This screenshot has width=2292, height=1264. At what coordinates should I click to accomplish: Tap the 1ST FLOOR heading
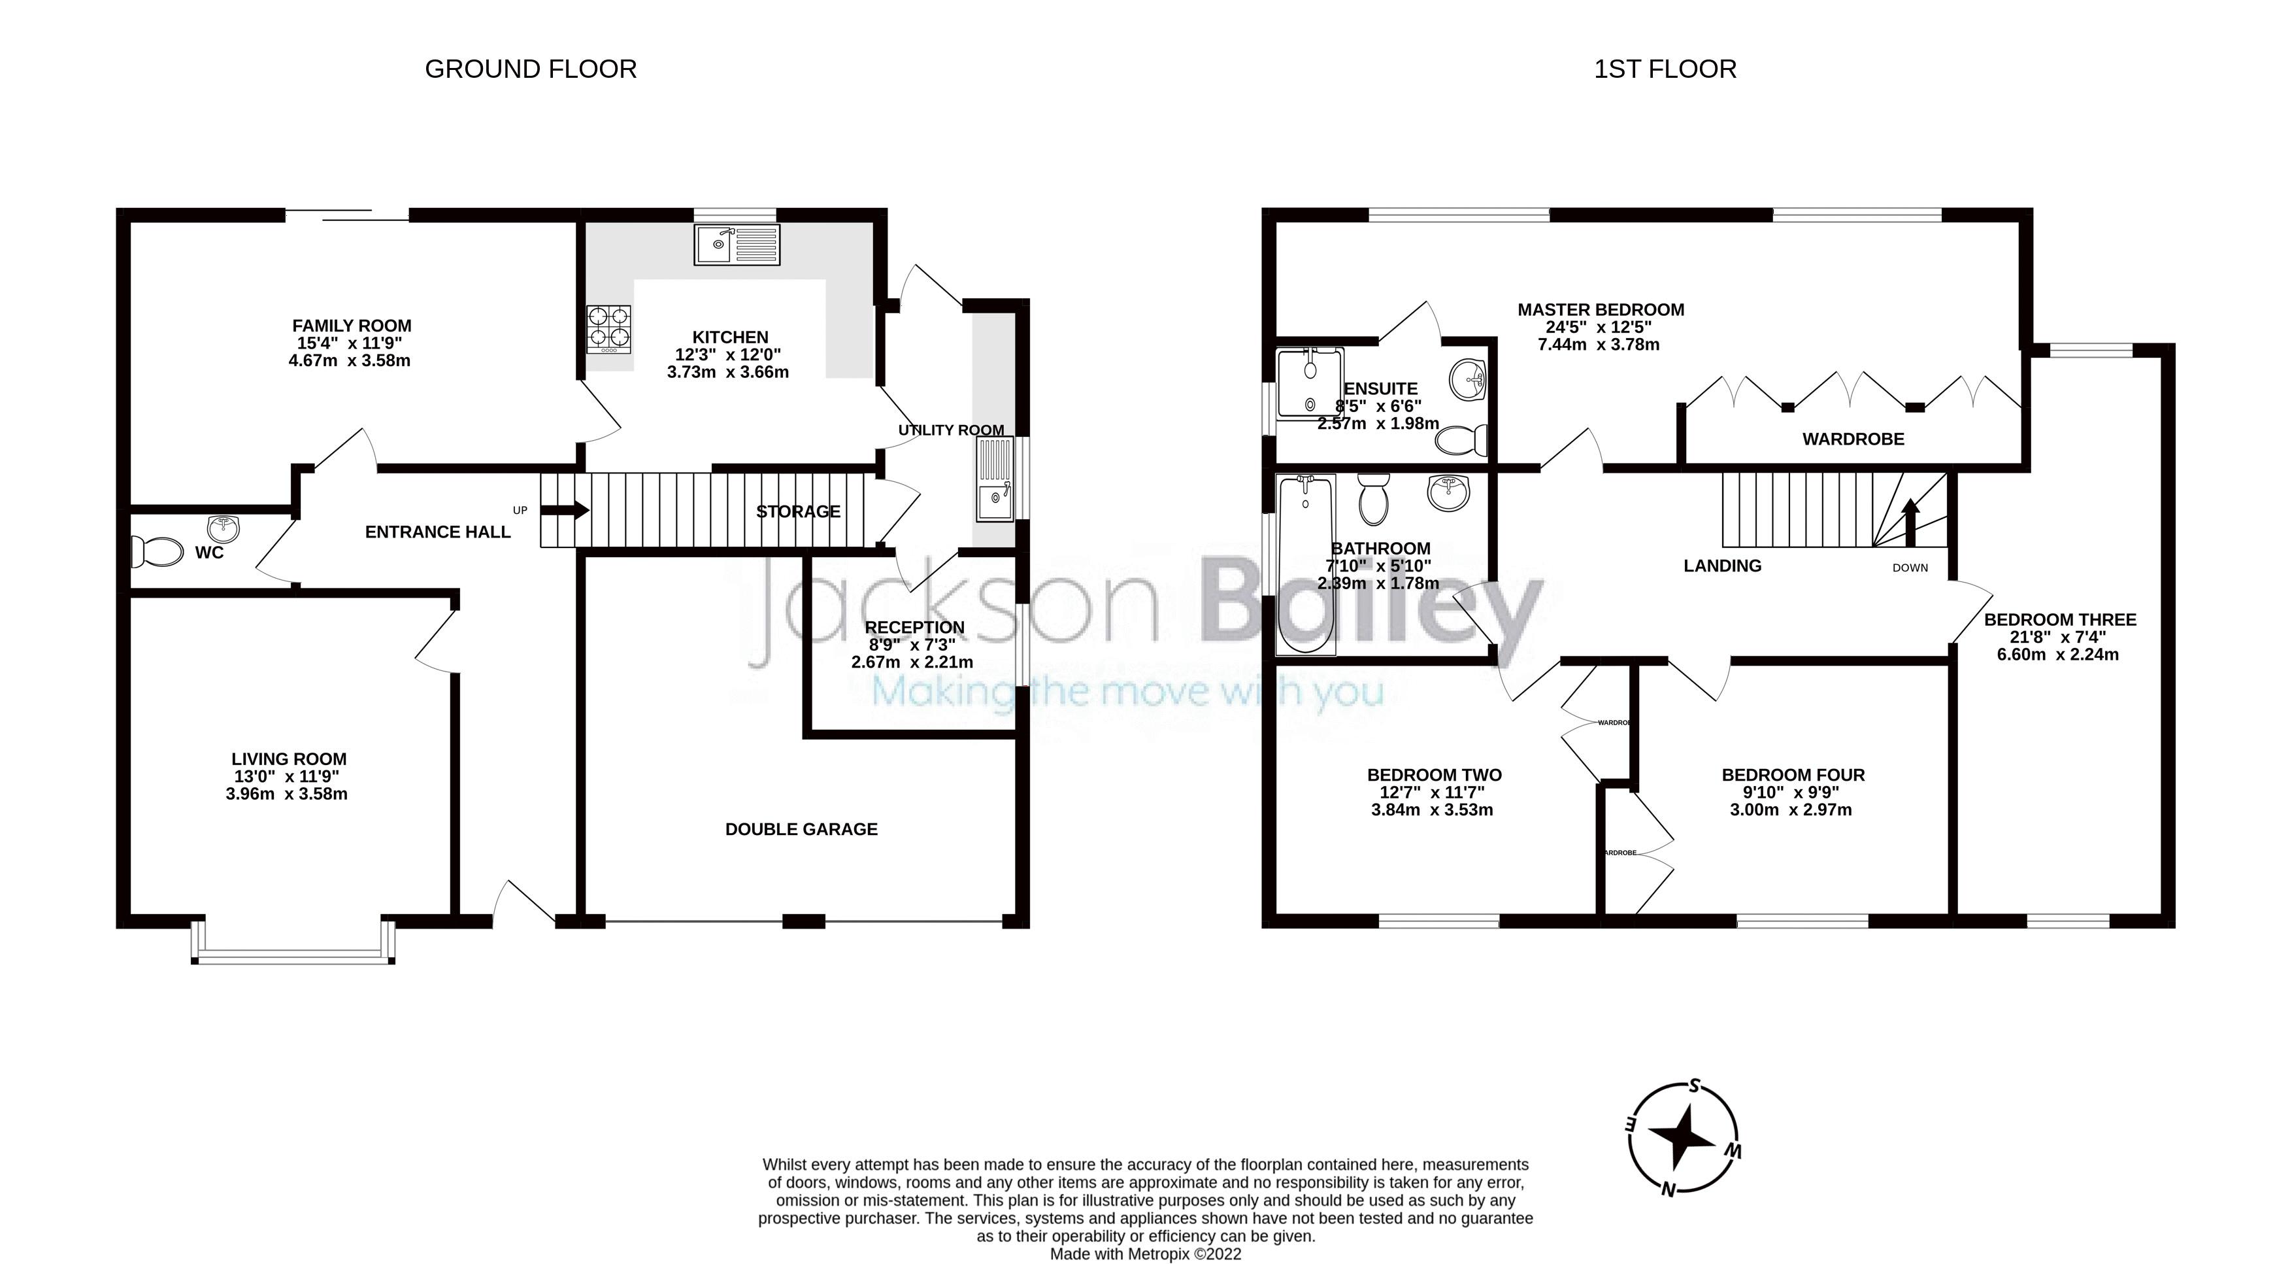1664,69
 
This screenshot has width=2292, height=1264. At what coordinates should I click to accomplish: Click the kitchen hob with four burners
608,328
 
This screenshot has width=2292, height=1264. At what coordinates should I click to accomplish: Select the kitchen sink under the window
737,244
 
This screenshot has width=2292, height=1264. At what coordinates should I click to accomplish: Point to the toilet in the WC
156,551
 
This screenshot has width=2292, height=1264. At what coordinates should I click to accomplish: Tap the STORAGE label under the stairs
798,511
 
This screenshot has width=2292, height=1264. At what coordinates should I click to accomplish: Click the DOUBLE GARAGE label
801,828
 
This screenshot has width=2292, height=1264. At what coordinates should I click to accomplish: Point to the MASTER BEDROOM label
1600,310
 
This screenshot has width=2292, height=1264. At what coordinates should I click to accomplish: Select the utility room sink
994,480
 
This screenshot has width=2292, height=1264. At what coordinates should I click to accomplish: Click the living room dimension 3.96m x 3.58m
286,793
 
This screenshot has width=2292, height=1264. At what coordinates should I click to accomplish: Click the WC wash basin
225,528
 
